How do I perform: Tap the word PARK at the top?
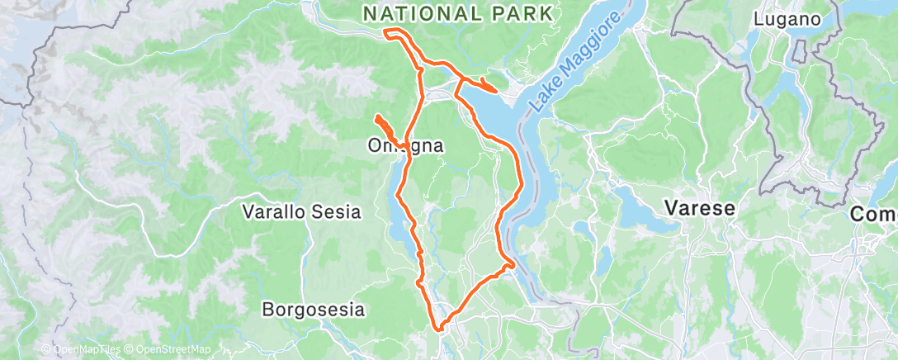click(x=518, y=13)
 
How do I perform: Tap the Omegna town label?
click(x=405, y=146)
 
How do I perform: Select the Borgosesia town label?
click(x=313, y=310)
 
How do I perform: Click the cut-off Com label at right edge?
click(x=875, y=214)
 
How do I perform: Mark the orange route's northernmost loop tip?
click(x=387, y=32)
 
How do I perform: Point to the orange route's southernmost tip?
click(x=440, y=328)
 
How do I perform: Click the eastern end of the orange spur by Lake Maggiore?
click(x=495, y=89)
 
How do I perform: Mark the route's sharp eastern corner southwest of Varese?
click(x=513, y=264)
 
